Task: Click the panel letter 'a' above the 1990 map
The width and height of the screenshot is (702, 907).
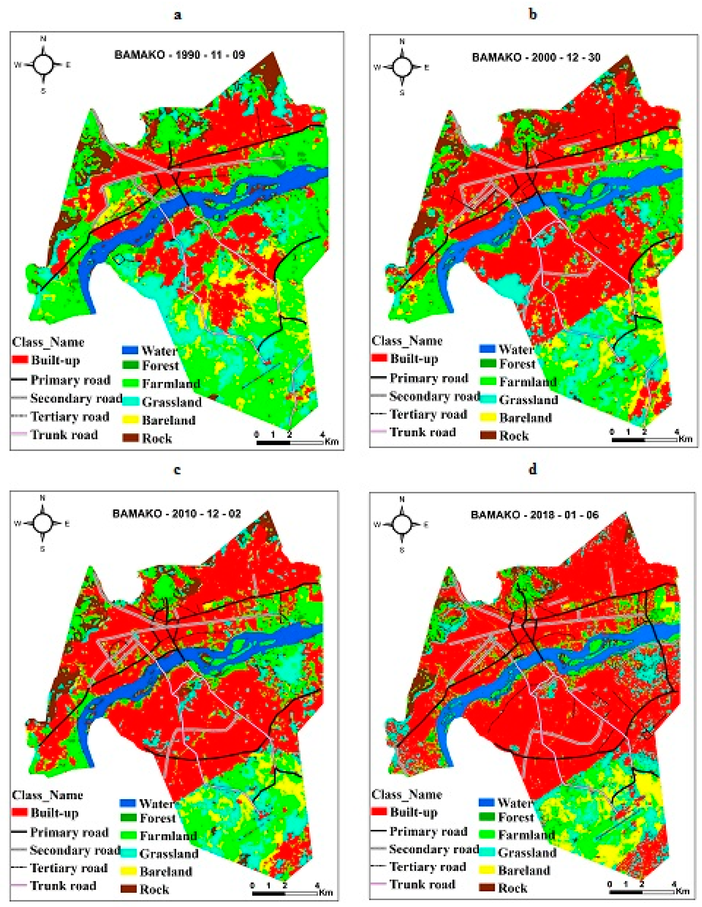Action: [178, 15]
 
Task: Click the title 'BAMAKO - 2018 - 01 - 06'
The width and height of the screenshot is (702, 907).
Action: [535, 515]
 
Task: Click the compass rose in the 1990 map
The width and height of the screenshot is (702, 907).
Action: [43, 64]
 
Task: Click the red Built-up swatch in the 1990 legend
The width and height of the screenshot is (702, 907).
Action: [20, 360]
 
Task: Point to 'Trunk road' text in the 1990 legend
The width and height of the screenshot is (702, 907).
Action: [64, 435]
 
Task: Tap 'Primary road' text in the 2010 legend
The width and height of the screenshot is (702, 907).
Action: [69, 832]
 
